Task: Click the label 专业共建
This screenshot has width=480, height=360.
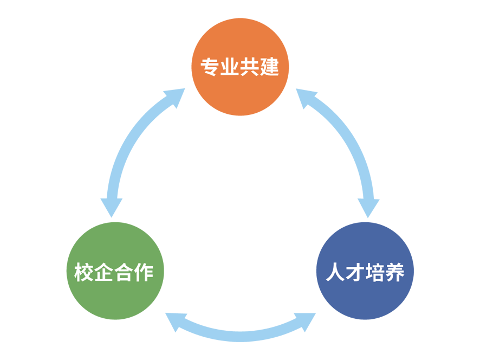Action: [239, 67]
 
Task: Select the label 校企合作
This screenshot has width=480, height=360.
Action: [114, 272]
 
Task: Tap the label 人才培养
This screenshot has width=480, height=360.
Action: [365, 272]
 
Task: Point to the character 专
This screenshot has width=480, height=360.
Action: [210, 67]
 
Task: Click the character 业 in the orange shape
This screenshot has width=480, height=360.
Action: [230, 67]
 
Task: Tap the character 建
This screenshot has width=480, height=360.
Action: [269, 67]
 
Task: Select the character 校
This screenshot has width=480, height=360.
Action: [85, 272]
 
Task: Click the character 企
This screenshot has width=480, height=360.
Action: [104, 272]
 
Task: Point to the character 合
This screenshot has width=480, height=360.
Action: [124, 272]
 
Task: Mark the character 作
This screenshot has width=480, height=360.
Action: [144, 272]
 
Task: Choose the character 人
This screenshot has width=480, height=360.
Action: [335, 272]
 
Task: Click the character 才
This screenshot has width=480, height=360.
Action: [355, 272]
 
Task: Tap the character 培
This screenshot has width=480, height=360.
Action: [375, 272]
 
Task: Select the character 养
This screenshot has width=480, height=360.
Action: [395, 272]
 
